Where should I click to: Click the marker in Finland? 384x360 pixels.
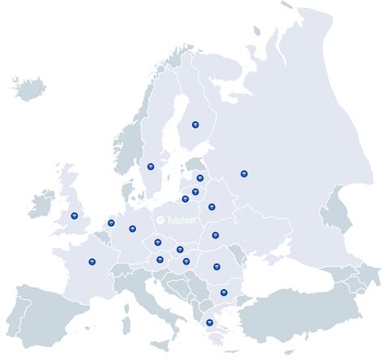[x=195, y=124]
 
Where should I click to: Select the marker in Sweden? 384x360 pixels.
[x=151, y=167]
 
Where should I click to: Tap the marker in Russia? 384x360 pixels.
[x=244, y=173]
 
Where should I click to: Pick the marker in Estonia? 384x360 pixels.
[x=200, y=178]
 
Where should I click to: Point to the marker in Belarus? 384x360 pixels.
[x=211, y=207]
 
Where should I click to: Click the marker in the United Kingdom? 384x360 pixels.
[x=75, y=216]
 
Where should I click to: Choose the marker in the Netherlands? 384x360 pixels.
[x=111, y=223]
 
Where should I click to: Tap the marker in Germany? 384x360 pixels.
[x=132, y=229]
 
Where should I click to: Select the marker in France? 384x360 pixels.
[x=92, y=261]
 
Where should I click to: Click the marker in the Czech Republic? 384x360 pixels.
[x=158, y=242]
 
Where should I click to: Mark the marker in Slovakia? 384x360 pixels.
[x=180, y=250]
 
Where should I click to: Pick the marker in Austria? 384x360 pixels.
[x=160, y=259]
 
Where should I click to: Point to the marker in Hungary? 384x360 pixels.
[x=186, y=261]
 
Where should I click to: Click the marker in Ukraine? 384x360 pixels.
[x=215, y=235]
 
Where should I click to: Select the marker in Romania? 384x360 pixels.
[x=216, y=266]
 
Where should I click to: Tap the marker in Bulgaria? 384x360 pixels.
[x=224, y=293]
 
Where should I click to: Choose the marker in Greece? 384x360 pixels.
[x=210, y=322]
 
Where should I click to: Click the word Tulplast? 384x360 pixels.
[x=180, y=219]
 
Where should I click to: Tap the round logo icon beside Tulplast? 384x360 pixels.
[x=160, y=219]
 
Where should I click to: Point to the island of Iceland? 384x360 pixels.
[x=30, y=86]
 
